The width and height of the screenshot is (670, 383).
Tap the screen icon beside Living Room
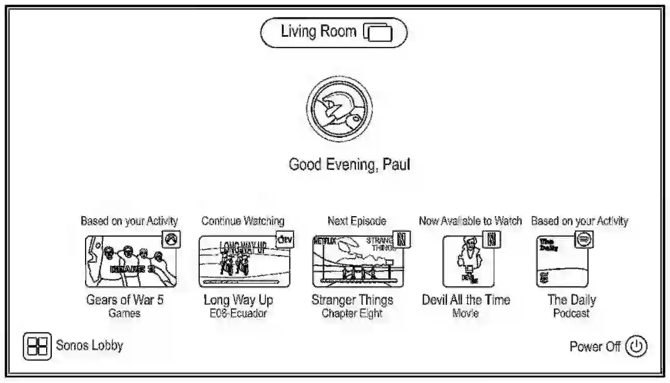click(x=379, y=33)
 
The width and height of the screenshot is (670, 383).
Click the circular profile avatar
click(x=339, y=109)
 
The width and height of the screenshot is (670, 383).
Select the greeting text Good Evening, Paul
click(x=350, y=165)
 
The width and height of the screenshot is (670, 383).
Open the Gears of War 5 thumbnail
click(x=130, y=261)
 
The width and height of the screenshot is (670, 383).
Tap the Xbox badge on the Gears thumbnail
click(x=171, y=239)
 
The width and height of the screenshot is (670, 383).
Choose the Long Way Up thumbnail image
click(x=244, y=261)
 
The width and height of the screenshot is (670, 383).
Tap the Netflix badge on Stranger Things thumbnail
click(x=401, y=239)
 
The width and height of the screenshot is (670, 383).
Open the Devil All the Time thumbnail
click(x=468, y=261)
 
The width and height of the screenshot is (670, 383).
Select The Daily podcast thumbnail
click(x=562, y=261)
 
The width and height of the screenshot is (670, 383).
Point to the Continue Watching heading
click(x=243, y=221)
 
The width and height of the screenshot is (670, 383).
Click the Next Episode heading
click(x=357, y=221)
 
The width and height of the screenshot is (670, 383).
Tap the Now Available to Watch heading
click(x=470, y=221)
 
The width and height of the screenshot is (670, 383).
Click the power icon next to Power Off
click(x=636, y=347)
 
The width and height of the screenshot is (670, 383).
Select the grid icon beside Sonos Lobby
click(x=37, y=346)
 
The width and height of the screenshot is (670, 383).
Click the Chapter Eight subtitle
click(x=352, y=313)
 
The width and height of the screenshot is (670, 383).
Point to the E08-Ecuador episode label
click(x=239, y=313)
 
